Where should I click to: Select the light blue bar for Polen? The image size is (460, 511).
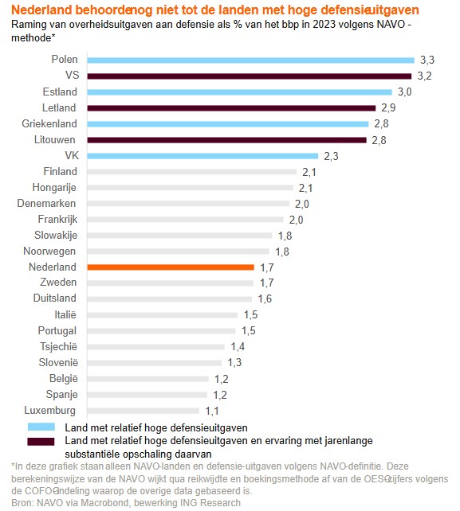click(x=250, y=60)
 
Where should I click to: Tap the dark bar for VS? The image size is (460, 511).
click(x=246, y=76)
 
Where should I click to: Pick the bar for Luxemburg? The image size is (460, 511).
click(x=144, y=411)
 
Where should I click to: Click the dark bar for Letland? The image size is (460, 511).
click(x=230, y=107)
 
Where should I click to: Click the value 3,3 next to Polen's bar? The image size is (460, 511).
click(x=428, y=60)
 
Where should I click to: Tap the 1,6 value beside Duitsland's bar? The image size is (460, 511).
click(x=265, y=299)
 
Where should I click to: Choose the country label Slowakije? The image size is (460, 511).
click(x=55, y=235)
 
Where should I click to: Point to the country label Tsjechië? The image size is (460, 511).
click(x=58, y=346)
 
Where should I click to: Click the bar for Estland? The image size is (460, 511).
click(x=238, y=92)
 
